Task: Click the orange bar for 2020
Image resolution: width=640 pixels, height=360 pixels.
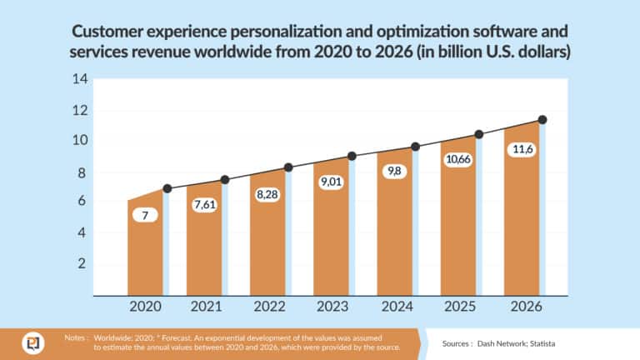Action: pos(144,250)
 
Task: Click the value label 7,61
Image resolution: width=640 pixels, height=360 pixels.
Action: pos(205,205)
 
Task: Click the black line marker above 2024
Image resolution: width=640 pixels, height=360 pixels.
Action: pos(416,147)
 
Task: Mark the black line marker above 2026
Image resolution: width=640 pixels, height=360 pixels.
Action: pos(542,120)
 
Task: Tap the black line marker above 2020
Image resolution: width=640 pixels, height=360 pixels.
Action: pos(167,188)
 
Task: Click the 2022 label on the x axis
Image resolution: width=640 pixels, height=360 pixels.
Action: pos(268,307)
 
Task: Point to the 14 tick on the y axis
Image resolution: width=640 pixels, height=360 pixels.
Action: pos(80,80)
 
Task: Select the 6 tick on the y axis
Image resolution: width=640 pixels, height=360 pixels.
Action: pos(82,202)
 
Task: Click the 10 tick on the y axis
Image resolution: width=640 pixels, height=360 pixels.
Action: pos(80,141)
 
